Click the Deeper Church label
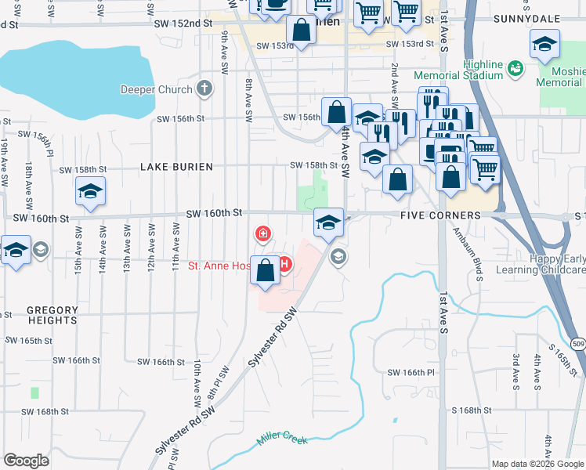coord(156,89)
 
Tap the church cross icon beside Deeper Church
coord(205,89)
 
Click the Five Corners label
coord(439,215)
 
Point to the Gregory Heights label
coord(52,315)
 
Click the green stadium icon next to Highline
coord(515,70)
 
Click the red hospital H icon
coord(284,266)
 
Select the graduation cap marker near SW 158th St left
coord(91,191)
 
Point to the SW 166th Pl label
coord(411,372)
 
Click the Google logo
coord(26,460)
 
